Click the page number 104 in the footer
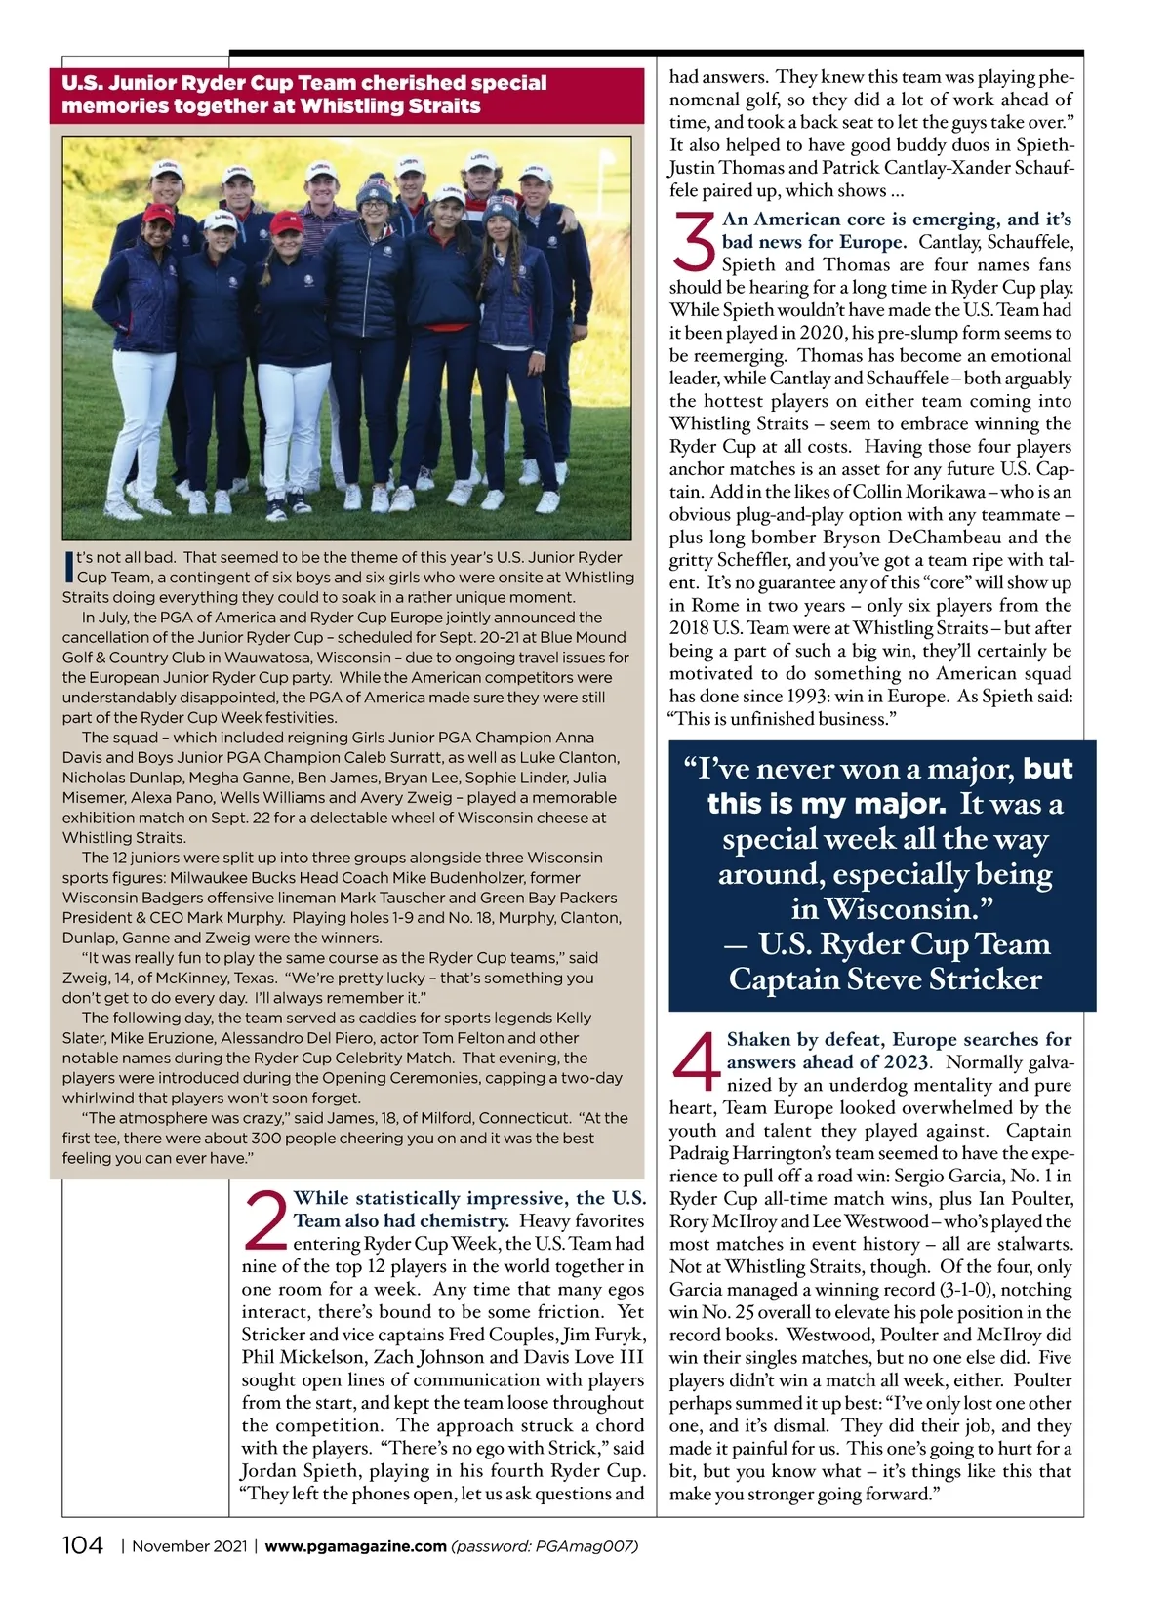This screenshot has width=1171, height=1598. coord(82,1545)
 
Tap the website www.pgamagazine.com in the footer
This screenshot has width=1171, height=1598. coord(355,1546)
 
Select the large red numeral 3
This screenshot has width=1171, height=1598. coord(694,243)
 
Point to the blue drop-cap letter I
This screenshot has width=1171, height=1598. coord(68,566)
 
